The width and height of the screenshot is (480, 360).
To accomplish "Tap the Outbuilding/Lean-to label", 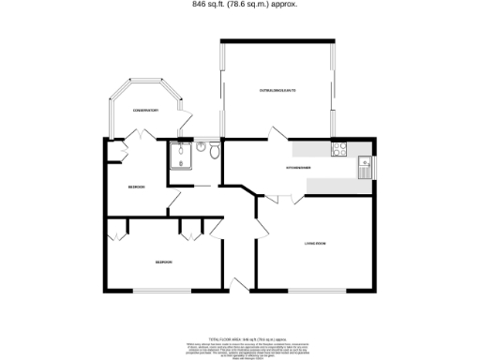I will tap(277, 90).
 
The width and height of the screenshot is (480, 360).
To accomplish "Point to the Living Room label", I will tap(314, 244).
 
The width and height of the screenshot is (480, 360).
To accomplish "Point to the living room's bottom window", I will tap(314, 291).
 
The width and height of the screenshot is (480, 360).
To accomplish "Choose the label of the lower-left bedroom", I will tap(163, 262).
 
